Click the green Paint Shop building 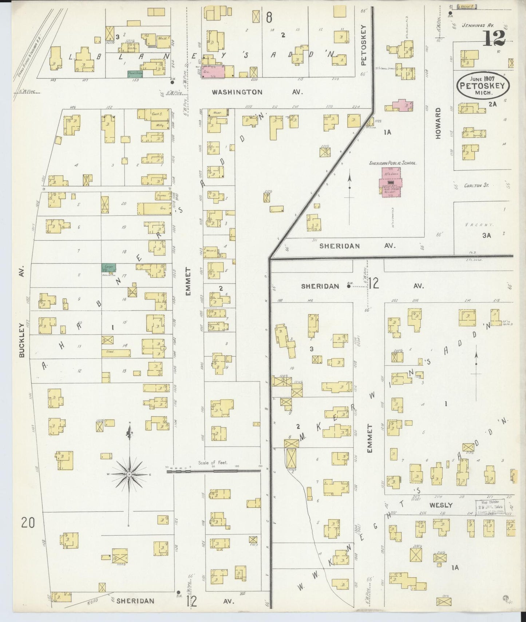(135, 74)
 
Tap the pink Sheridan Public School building (391, 182)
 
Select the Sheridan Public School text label (393, 163)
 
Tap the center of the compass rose (129, 475)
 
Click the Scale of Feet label (213, 463)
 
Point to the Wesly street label (441, 505)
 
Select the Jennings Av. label (477, 26)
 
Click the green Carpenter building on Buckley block (108, 267)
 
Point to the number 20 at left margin (28, 523)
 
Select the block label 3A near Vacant (487, 235)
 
